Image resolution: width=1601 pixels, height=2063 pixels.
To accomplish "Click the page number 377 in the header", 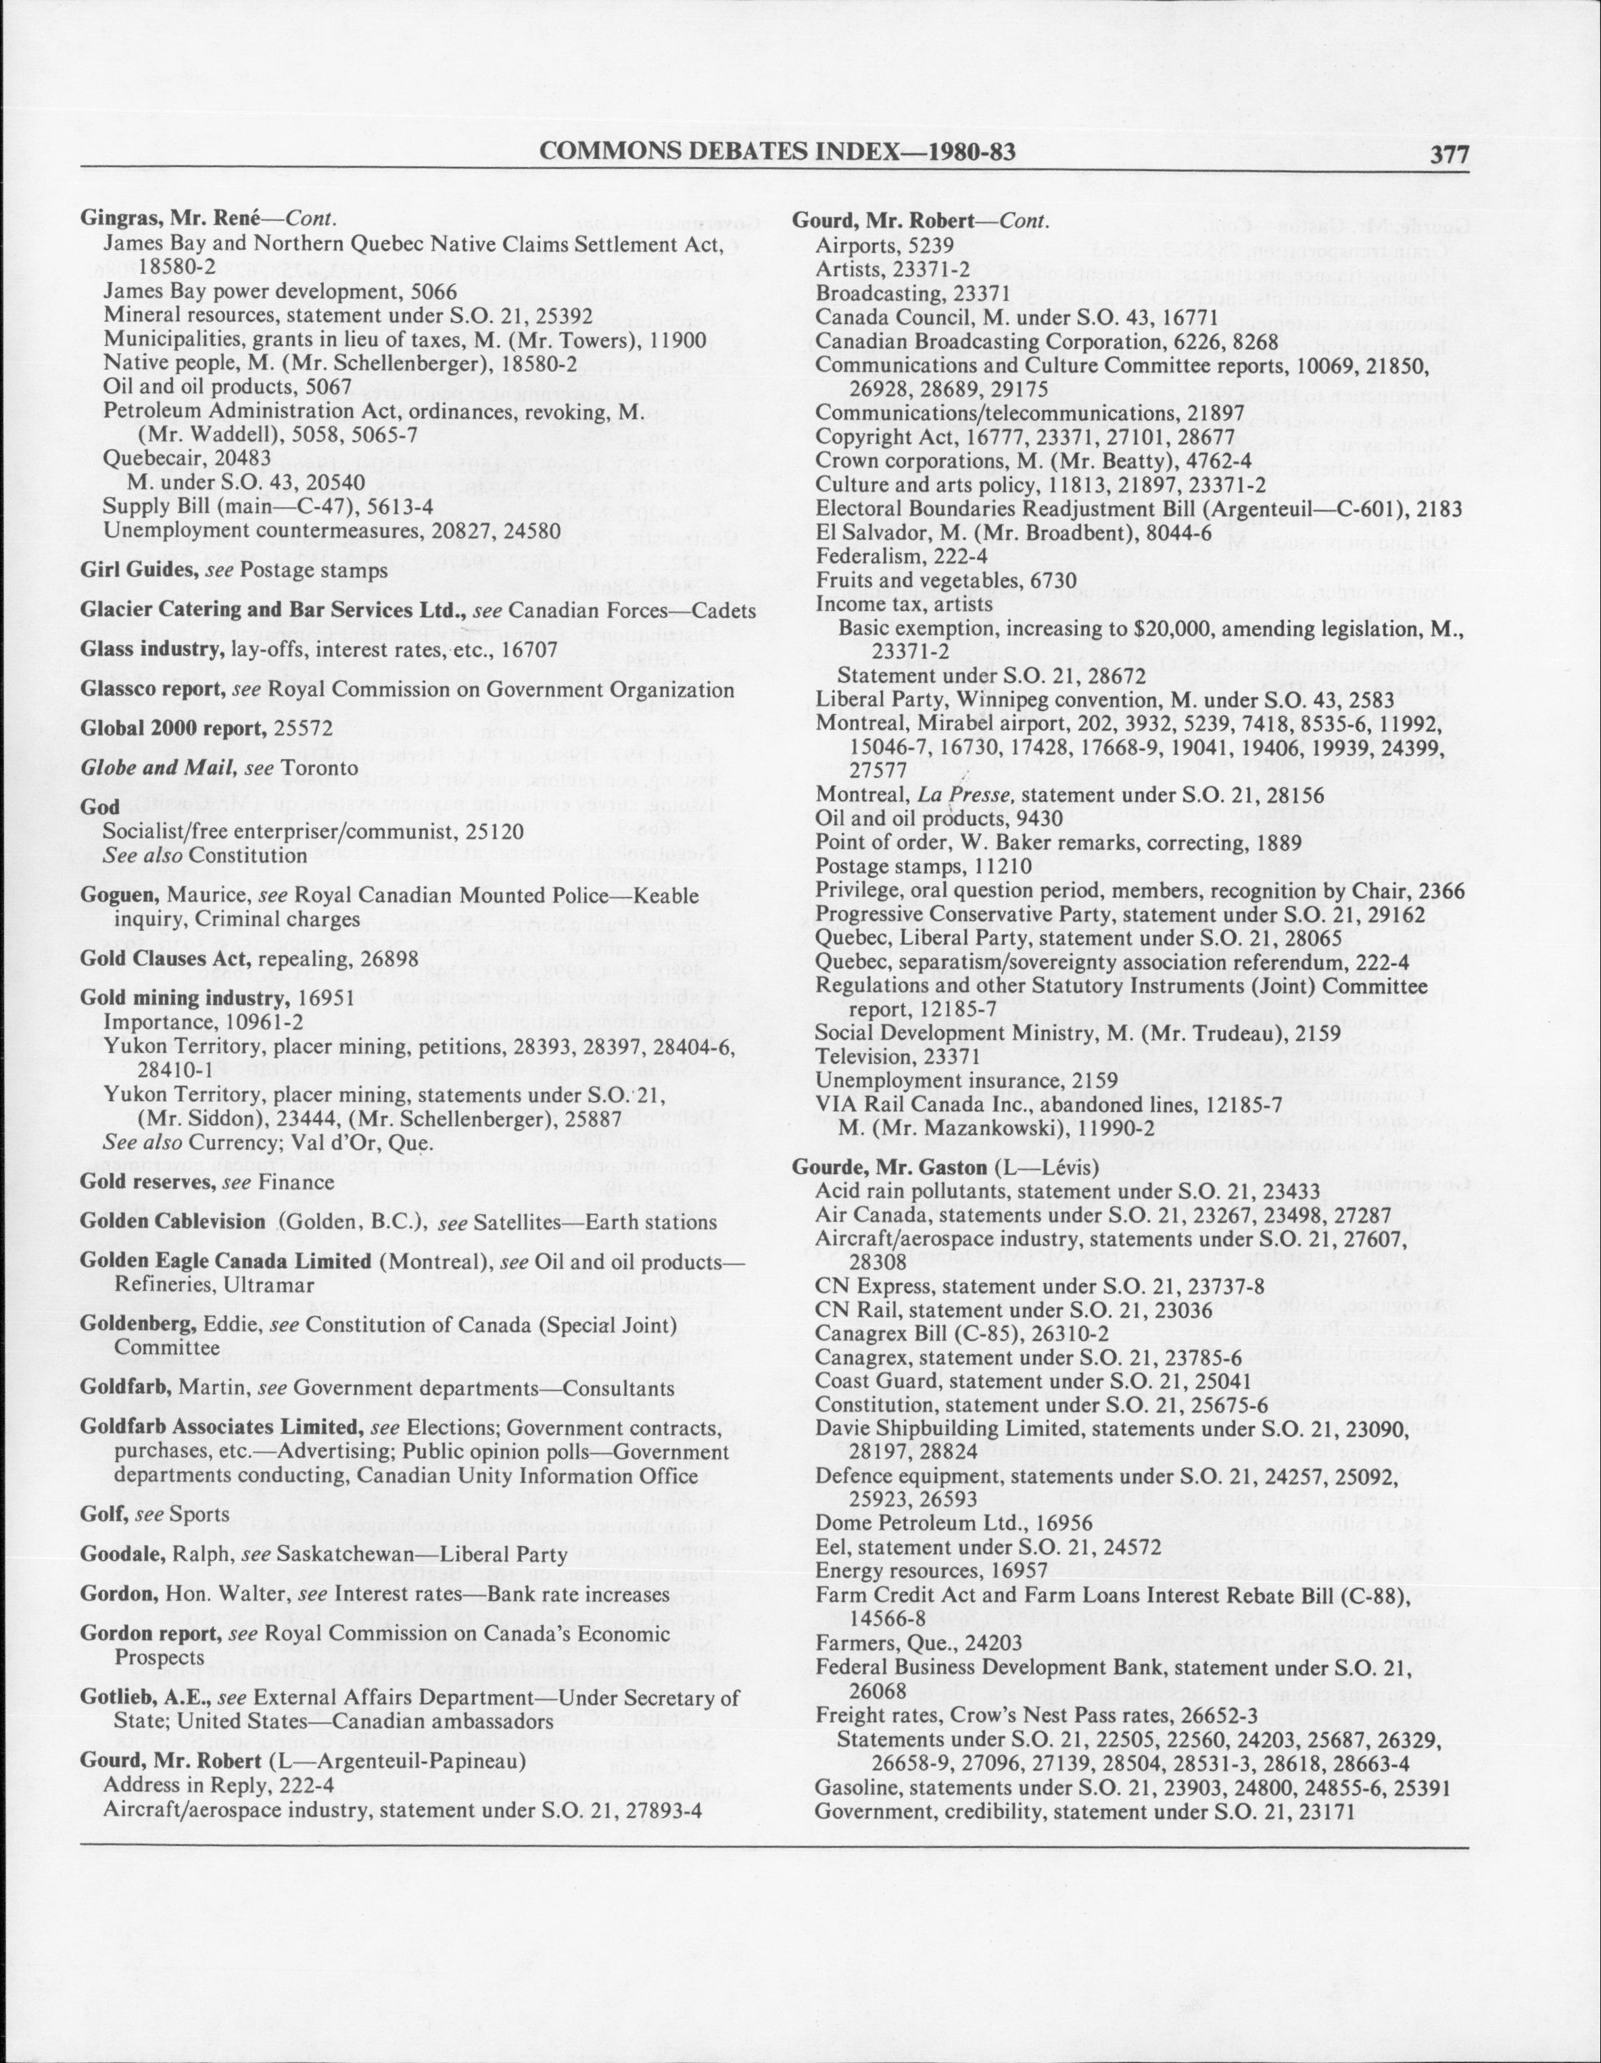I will (x=1449, y=154).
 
